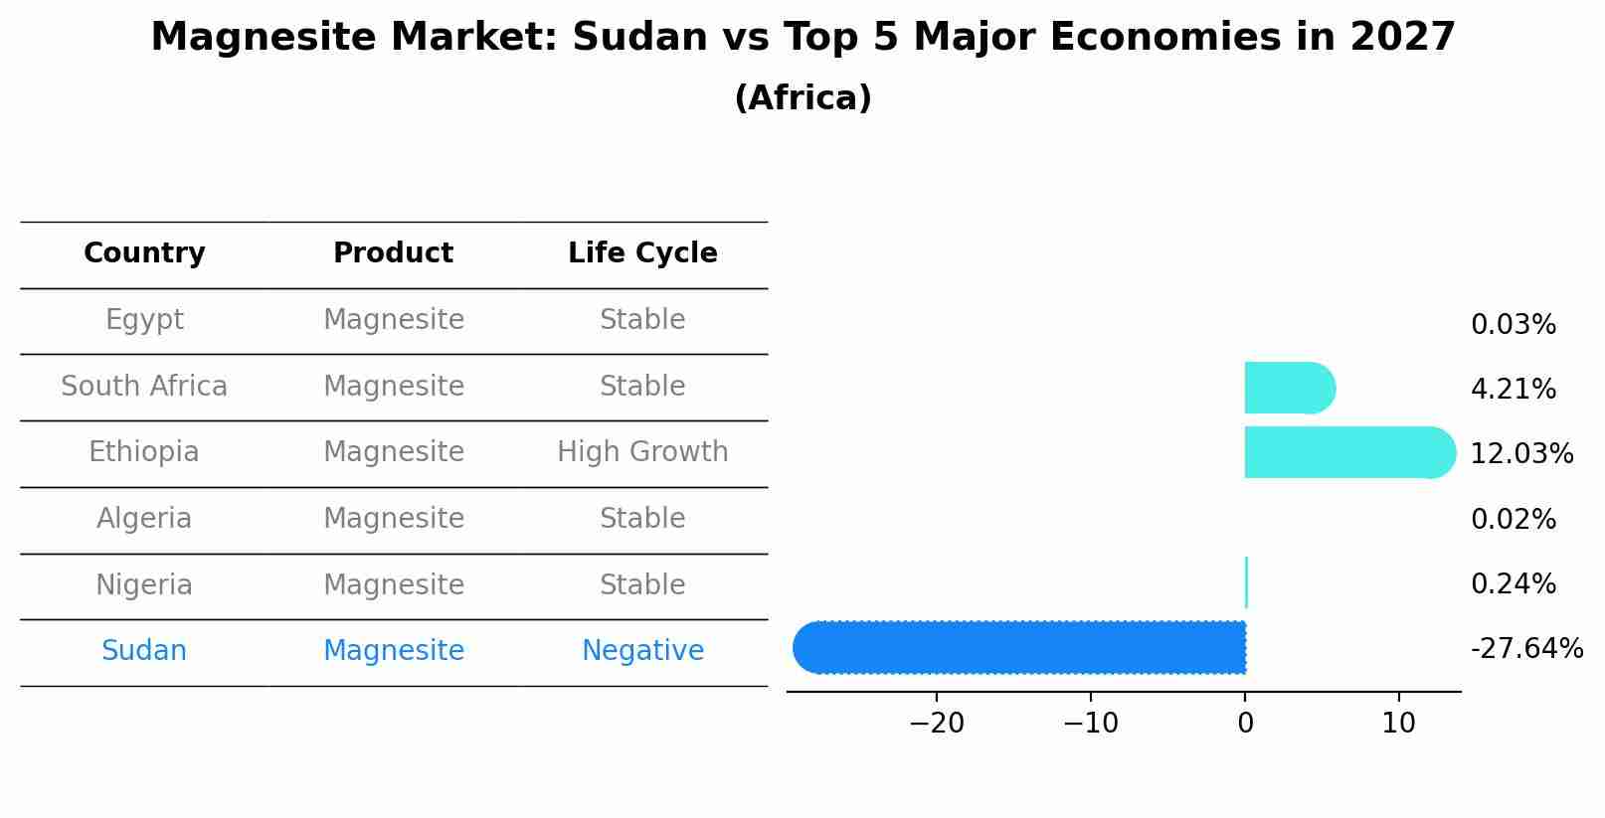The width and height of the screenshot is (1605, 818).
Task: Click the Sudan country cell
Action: (x=144, y=651)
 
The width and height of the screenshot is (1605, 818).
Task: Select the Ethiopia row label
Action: (x=144, y=452)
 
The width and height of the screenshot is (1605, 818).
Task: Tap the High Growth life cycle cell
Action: (x=642, y=452)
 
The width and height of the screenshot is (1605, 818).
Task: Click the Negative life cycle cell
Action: (x=642, y=651)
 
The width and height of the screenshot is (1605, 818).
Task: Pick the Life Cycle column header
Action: (x=642, y=253)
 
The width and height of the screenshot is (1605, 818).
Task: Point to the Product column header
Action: (x=393, y=253)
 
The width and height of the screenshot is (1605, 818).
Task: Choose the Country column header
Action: (x=144, y=253)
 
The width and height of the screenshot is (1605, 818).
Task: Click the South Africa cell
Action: (x=144, y=387)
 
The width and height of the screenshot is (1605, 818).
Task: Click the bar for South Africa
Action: (x=1288, y=388)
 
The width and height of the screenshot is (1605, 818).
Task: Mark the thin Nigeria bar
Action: (x=1246, y=582)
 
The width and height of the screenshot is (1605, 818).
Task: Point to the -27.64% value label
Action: (x=1526, y=649)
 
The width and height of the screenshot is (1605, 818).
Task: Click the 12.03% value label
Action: (x=1521, y=454)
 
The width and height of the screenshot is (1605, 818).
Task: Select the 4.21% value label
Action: (x=1513, y=390)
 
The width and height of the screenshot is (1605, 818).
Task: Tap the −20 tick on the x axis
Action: (x=936, y=724)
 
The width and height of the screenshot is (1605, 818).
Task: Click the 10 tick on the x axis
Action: (x=1398, y=724)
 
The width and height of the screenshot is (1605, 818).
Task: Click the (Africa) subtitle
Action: (x=802, y=98)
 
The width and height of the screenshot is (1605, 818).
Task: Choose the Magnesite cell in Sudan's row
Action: (x=393, y=651)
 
